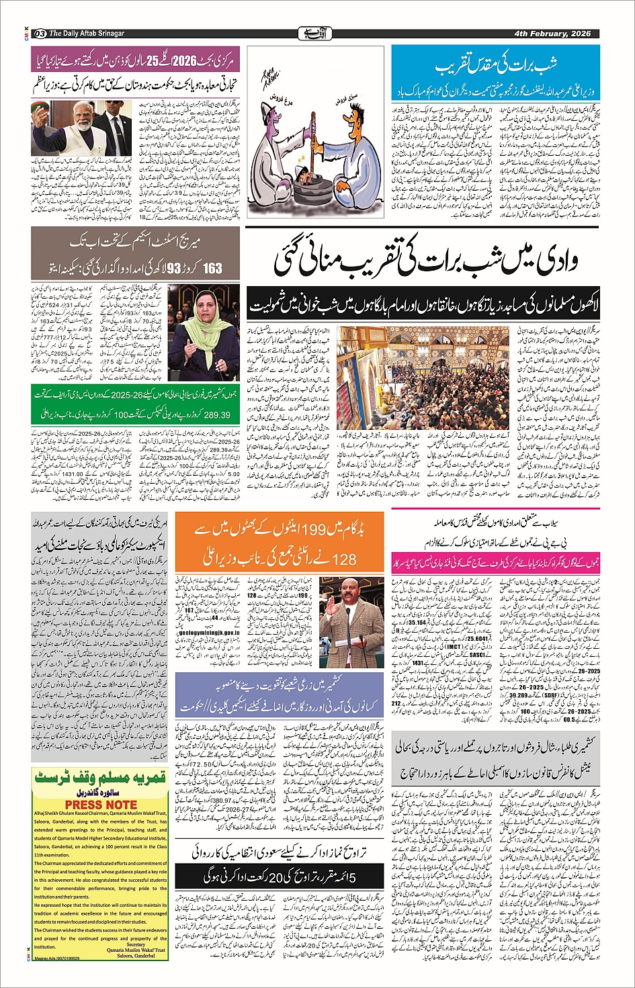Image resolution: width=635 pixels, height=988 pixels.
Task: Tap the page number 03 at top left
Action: tap(40, 34)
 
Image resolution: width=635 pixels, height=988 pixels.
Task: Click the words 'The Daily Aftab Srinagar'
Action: tap(87, 34)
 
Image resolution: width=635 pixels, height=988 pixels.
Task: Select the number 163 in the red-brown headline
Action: tap(212, 267)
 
